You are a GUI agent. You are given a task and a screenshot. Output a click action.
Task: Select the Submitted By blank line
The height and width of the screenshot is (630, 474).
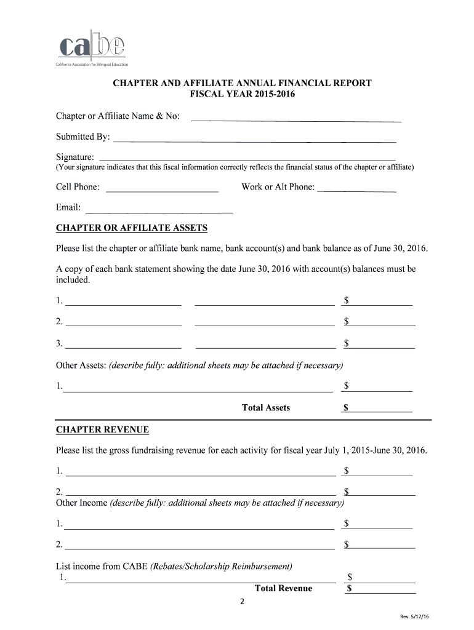coord(254,138)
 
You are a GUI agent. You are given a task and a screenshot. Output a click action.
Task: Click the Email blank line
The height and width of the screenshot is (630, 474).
coord(159,209)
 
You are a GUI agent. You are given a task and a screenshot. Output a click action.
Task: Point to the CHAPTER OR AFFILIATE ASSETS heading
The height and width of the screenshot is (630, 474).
coord(132,228)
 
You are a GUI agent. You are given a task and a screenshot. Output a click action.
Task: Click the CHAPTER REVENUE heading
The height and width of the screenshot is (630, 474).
coord(102,429)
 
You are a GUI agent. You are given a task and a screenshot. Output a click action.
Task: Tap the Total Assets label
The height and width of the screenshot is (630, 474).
coord(266,408)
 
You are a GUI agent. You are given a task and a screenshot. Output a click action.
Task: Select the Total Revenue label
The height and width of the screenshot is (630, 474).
coord(283,589)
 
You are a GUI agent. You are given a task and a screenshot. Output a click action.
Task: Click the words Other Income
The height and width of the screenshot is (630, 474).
coord(81,503)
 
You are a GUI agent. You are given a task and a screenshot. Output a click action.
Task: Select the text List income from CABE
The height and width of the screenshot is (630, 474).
coord(102,566)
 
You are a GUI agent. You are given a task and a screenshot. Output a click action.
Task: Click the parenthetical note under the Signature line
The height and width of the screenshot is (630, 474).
coord(235,167)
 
